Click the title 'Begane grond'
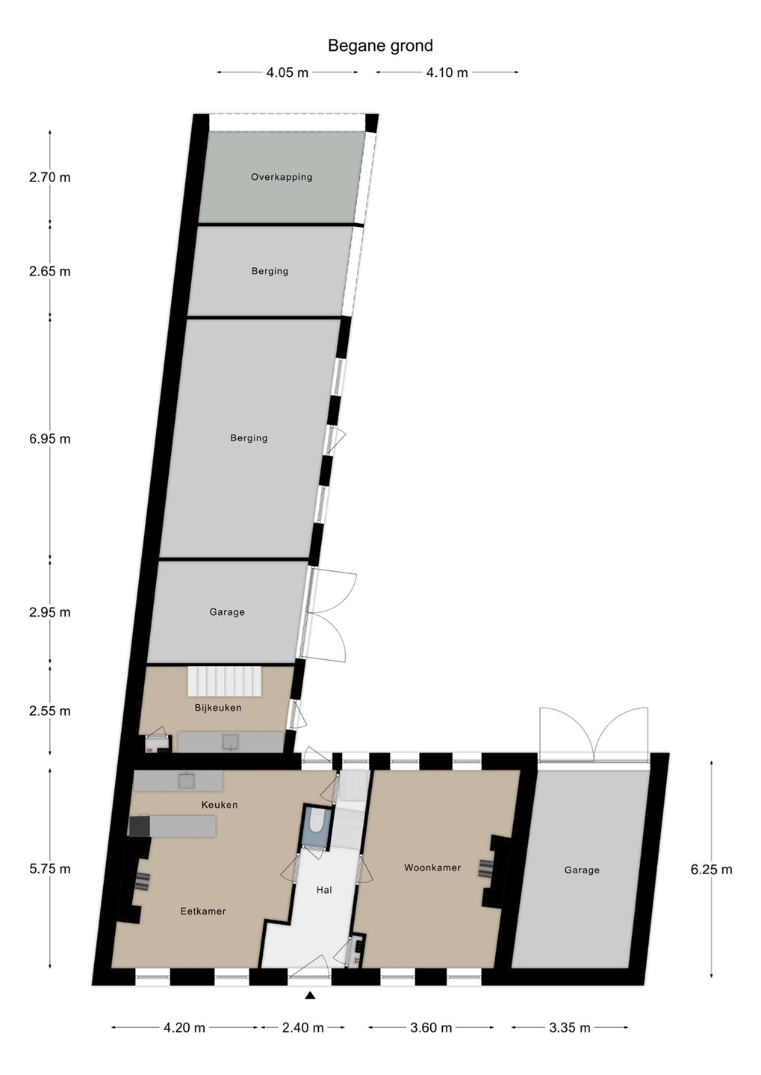click(380, 46)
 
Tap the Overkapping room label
click(282, 177)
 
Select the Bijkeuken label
click(218, 708)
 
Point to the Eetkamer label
click(203, 911)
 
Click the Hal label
click(324, 890)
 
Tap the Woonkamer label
click(432, 867)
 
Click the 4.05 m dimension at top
click(287, 72)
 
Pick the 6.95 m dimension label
click(50, 439)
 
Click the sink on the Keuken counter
click(186, 782)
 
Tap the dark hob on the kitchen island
click(140, 826)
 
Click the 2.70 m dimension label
click(50, 178)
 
